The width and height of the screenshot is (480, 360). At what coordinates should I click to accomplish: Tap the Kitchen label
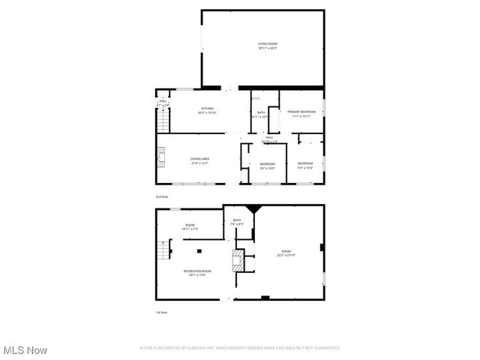pos(207,110)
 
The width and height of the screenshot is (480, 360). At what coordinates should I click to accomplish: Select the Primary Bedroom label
pos(301,113)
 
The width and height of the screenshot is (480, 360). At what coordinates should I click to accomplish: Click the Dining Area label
pos(199,161)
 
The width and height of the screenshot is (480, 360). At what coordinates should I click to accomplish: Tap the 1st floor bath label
pos(236,222)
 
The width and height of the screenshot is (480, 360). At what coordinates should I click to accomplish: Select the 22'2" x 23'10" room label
pos(286,253)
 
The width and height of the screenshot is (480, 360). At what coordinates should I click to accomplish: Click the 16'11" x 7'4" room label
pos(190,227)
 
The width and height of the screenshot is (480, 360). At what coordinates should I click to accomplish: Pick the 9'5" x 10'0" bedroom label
pos(268,166)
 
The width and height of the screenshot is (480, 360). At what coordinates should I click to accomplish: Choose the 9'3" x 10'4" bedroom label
pos(304,165)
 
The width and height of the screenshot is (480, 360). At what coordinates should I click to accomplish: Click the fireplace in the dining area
pos(160,156)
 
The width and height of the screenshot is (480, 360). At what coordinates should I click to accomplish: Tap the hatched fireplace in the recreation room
pos(237,262)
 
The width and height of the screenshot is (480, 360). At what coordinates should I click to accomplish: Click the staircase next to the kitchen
pos(160,120)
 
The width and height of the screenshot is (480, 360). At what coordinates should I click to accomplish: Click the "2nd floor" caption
pos(162,196)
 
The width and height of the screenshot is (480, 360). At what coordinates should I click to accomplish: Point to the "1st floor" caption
pos(161,312)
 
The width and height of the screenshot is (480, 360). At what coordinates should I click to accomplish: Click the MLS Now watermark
pos(25,350)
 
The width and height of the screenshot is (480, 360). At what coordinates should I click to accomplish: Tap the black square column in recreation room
pos(199,251)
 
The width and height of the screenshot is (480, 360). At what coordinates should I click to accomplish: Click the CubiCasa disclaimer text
pos(240,348)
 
